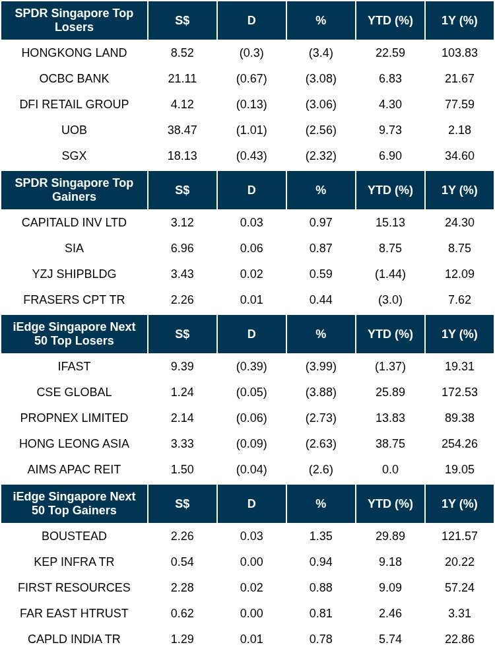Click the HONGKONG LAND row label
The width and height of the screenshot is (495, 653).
[x=74, y=53]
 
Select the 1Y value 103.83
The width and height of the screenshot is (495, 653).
[x=459, y=53]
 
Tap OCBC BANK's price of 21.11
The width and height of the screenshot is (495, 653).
[x=182, y=79]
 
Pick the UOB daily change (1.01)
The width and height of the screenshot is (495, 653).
[x=251, y=130]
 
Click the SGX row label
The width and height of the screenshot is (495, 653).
[x=74, y=156]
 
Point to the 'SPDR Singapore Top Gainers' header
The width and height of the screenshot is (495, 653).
[x=74, y=189]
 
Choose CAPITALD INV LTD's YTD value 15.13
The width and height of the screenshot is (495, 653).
[x=390, y=223]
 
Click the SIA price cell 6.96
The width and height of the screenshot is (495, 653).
[x=182, y=248]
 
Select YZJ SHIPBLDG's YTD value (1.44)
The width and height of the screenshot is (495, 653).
[x=390, y=274]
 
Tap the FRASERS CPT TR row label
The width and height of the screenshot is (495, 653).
[x=74, y=300]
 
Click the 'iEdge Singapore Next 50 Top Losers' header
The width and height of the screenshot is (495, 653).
[x=74, y=333]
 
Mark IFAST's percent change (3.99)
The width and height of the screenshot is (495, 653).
[x=321, y=366]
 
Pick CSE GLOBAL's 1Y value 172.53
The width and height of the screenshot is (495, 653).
[x=459, y=392]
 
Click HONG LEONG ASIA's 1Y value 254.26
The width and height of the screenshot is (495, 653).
[x=459, y=444]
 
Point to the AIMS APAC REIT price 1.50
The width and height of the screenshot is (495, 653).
[x=182, y=469]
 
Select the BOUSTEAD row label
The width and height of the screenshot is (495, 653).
[x=74, y=536]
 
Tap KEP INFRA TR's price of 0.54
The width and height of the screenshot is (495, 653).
[x=182, y=562]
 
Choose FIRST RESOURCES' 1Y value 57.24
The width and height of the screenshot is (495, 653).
[x=459, y=588]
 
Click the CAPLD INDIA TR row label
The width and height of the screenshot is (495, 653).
[x=74, y=639]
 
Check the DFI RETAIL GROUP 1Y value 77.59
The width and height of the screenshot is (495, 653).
[x=459, y=104]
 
